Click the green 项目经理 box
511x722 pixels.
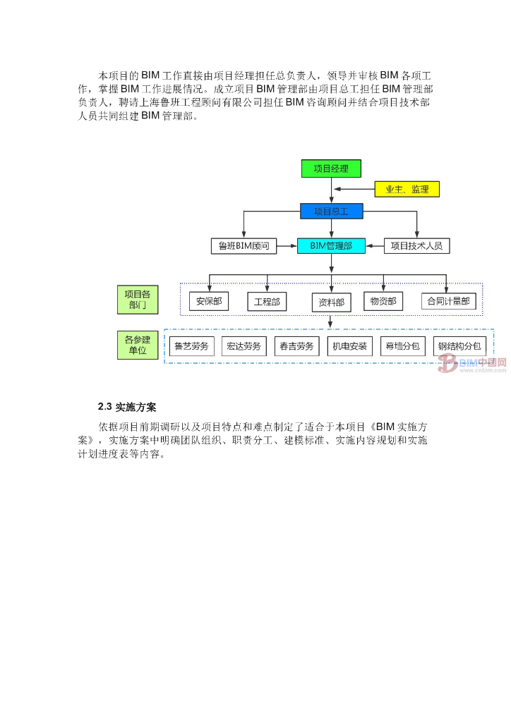[331, 169]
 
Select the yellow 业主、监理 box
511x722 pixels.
[407, 189]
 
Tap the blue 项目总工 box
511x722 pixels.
[331, 211]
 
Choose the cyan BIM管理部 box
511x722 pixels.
[331, 246]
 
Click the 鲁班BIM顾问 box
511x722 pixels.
[244, 246]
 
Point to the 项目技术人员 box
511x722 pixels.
[417, 246]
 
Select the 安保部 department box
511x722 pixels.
[209, 302]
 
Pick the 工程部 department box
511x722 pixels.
[267, 302]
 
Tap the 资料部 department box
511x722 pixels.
[331, 302]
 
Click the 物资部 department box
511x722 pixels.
[383, 301]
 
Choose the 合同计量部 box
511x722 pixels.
[448, 302]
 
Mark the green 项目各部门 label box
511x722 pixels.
[138, 300]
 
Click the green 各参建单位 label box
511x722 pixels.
[138, 345]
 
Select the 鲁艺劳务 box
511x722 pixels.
[191, 346]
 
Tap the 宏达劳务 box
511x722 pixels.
[244, 346]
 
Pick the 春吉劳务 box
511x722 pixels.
[296, 346]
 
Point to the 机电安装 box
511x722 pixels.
[350, 346]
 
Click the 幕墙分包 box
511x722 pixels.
[402, 346]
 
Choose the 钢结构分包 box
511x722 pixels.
[459, 346]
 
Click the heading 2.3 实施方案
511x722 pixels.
[127, 407]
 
